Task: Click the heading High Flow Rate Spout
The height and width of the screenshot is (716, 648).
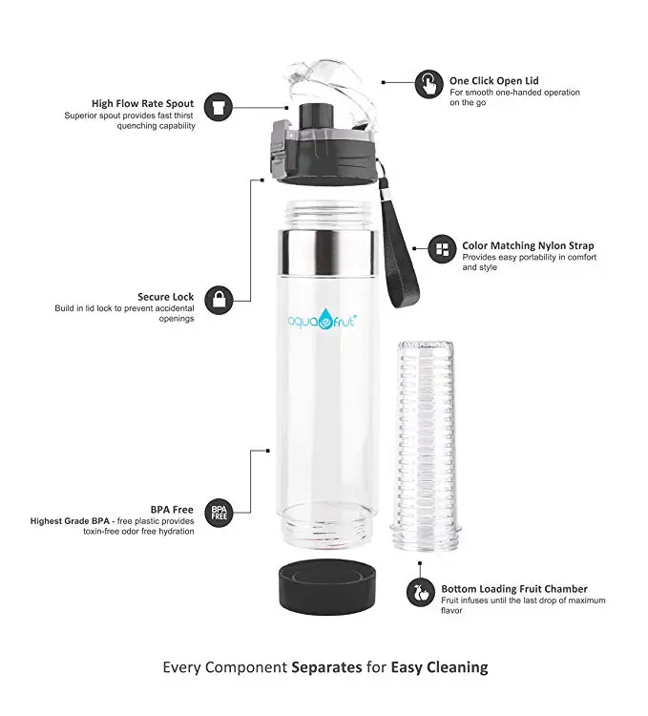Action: point(142,103)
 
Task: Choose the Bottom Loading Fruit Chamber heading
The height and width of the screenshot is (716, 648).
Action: point(513,588)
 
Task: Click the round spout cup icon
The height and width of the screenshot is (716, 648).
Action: point(219,105)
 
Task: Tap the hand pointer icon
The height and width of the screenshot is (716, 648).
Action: point(431,82)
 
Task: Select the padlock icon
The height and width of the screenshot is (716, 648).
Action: point(219,298)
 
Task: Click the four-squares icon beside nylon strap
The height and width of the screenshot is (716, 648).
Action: point(442,250)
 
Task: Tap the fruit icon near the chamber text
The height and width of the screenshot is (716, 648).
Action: point(420,592)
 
